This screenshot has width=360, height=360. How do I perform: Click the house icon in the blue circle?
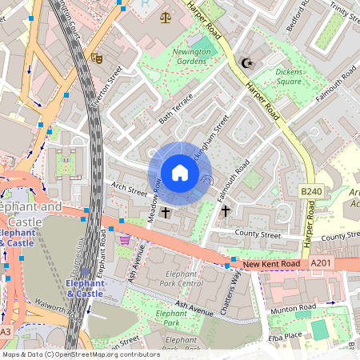pyautogui.click(x=180, y=173)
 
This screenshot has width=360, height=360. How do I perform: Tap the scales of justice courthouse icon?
pyautogui.click(x=166, y=17)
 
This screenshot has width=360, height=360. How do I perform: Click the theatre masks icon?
pyautogui.click(x=97, y=58)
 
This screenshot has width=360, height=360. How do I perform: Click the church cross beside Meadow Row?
pyautogui.click(x=166, y=213)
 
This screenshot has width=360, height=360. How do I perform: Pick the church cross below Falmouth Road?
pyautogui.click(x=226, y=212)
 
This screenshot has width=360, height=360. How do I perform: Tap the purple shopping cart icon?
pyautogui.click(x=124, y=238)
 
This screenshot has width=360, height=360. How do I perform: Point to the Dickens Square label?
pyautogui.click(x=289, y=76)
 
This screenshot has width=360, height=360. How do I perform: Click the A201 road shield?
pyautogui.click(x=319, y=262)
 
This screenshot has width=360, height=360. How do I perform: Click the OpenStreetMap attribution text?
pyautogui.click(x=80, y=354)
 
